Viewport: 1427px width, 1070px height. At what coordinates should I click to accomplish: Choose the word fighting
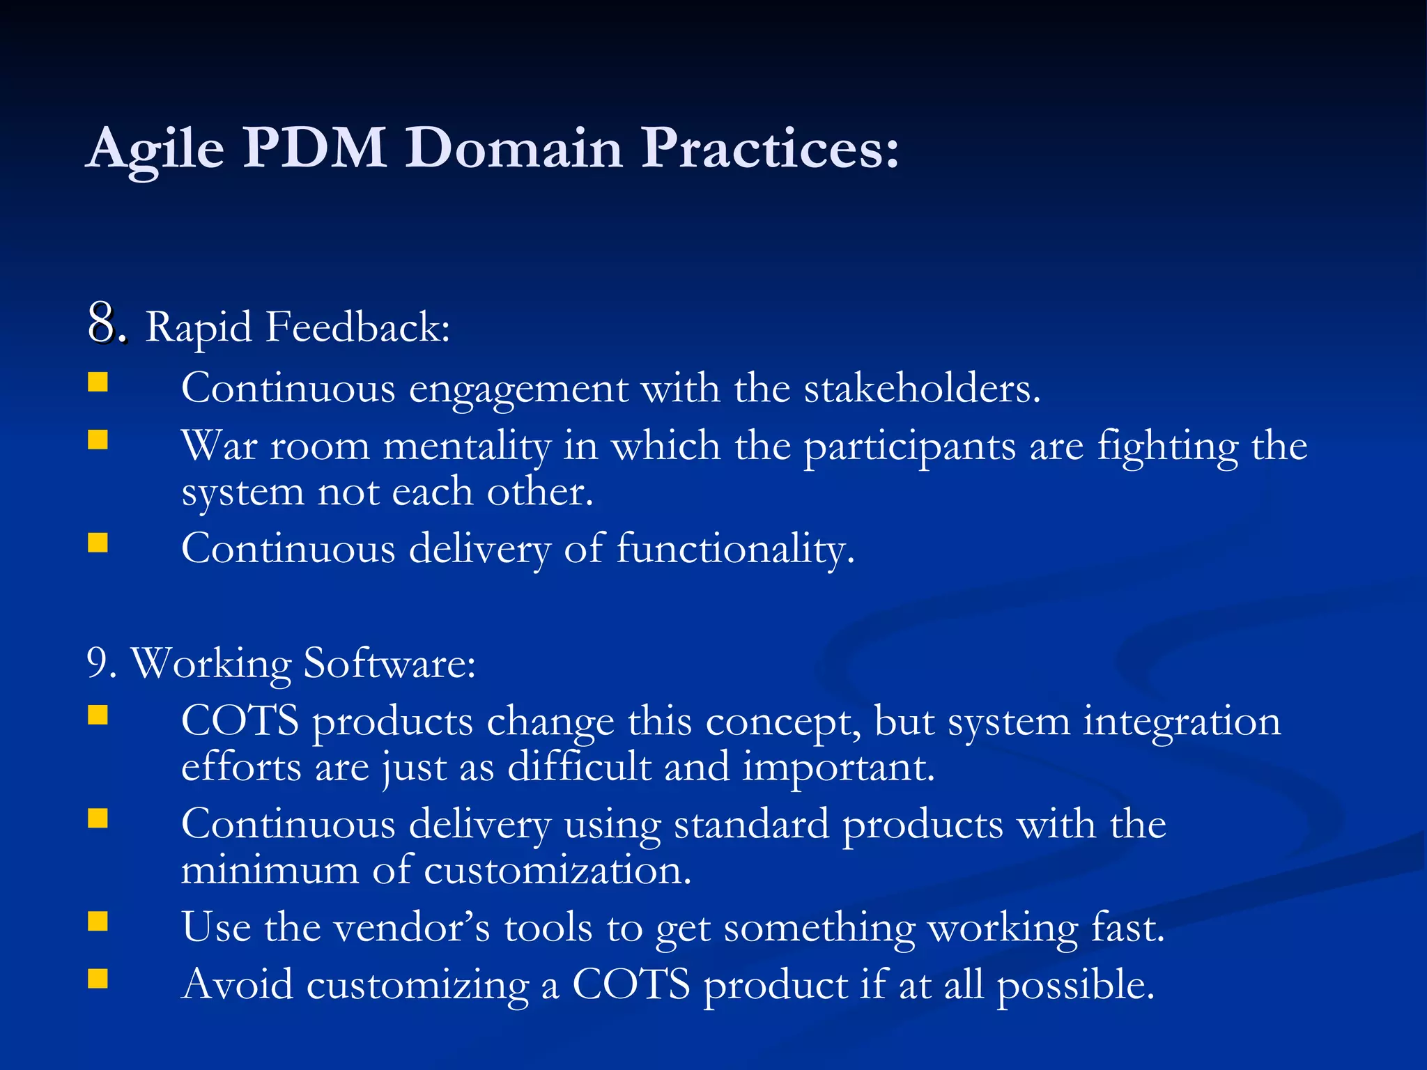1167,447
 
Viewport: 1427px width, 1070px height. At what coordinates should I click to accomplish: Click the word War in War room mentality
219,446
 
